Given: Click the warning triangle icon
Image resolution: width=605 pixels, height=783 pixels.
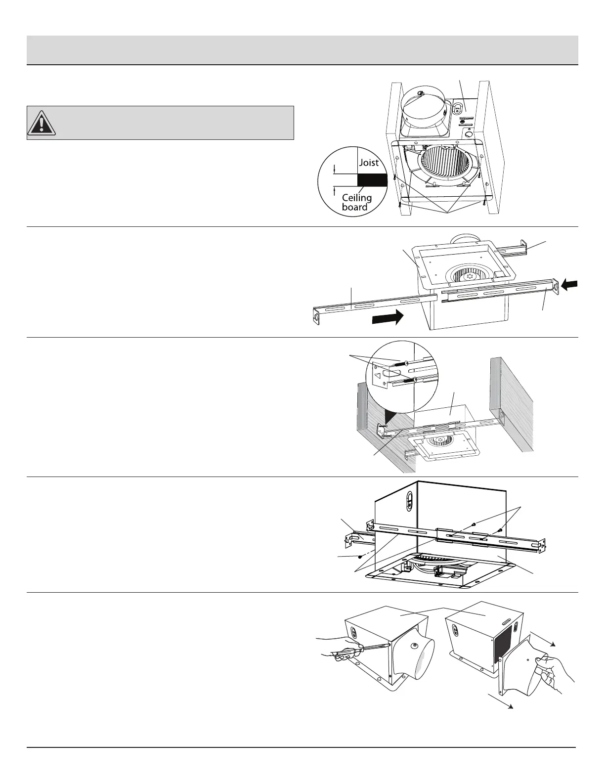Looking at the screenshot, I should click(42, 123).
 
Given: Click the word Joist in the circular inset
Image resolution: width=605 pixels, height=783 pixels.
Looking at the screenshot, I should click(369, 163).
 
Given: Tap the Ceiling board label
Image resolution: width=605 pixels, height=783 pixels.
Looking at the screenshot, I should click(356, 202).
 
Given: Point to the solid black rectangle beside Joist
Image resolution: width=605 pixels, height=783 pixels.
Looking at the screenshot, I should click(372, 179).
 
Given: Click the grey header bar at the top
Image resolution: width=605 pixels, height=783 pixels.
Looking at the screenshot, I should click(302, 49).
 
